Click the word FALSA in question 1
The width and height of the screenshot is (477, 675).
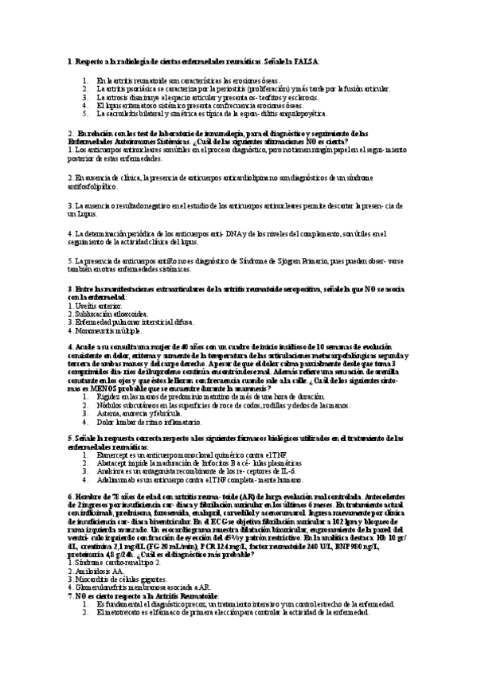[x=304, y=61]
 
